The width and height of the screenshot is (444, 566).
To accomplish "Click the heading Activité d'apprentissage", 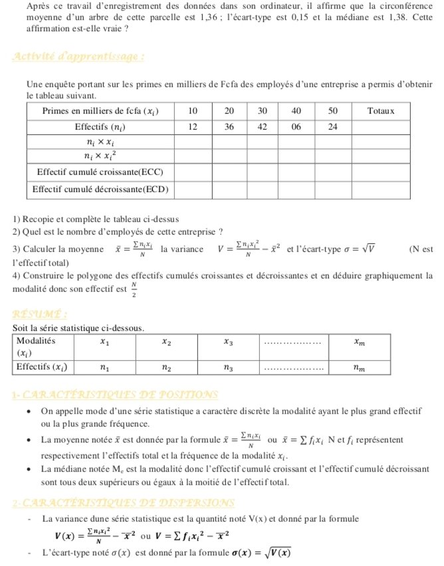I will tap(78, 57).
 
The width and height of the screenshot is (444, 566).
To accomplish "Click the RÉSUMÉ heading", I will tap(39, 314).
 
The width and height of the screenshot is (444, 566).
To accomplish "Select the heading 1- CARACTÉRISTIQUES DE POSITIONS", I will tap(115, 395).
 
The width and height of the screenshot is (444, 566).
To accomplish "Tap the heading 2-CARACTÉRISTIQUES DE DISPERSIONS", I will tap(122, 503).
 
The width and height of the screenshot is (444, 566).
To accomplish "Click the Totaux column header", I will tap(381, 110).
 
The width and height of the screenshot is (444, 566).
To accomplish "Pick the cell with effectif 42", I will tap(263, 126).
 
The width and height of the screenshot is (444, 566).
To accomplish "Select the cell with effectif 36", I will tap(228, 126).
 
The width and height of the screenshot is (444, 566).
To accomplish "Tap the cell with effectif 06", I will tap(296, 126).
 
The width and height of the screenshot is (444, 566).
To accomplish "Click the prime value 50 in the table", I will tap(333, 110).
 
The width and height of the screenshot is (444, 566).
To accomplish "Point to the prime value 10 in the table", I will tap(193, 110).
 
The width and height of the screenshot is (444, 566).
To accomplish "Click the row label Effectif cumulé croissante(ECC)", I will tap(100, 172).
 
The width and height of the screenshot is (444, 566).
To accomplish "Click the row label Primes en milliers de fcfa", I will tap(100, 110).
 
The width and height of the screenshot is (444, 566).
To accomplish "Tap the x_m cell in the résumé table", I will tap(359, 343).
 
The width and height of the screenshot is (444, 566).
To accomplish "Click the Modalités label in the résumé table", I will tap(36, 339).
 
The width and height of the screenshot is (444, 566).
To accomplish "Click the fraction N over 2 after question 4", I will tap(134, 291).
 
